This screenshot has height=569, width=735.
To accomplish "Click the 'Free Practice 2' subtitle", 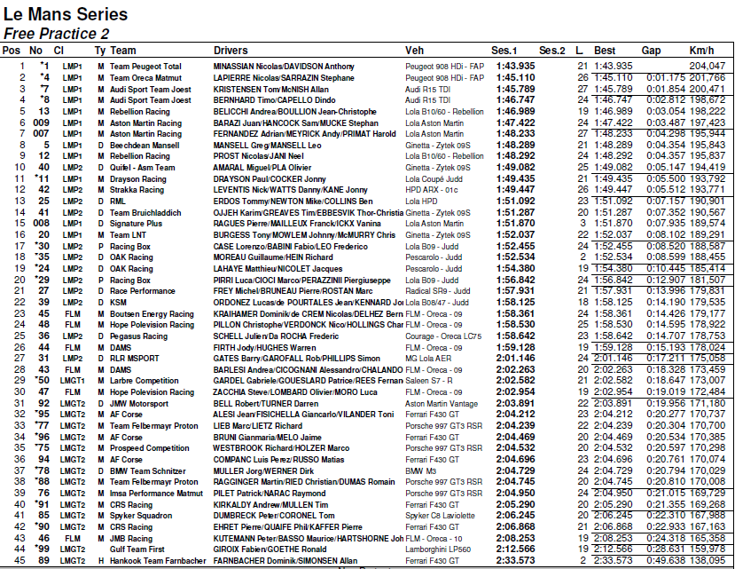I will (57, 33).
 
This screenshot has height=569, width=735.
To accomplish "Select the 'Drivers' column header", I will (231, 51).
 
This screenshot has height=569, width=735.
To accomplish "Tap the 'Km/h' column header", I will (701, 51).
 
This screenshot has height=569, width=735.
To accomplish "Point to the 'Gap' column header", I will (652, 51).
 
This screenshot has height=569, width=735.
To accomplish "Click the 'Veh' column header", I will (414, 51).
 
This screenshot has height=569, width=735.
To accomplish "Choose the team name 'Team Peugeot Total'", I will (145, 67).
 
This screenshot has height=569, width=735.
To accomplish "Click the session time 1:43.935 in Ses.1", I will (515, 67).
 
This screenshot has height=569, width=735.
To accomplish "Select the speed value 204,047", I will (707, 67).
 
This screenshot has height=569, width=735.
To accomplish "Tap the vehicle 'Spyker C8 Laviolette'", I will (442, 515).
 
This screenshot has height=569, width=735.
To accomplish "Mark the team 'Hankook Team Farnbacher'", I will (158, 560).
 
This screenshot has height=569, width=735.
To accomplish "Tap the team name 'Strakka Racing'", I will (137, 189).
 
